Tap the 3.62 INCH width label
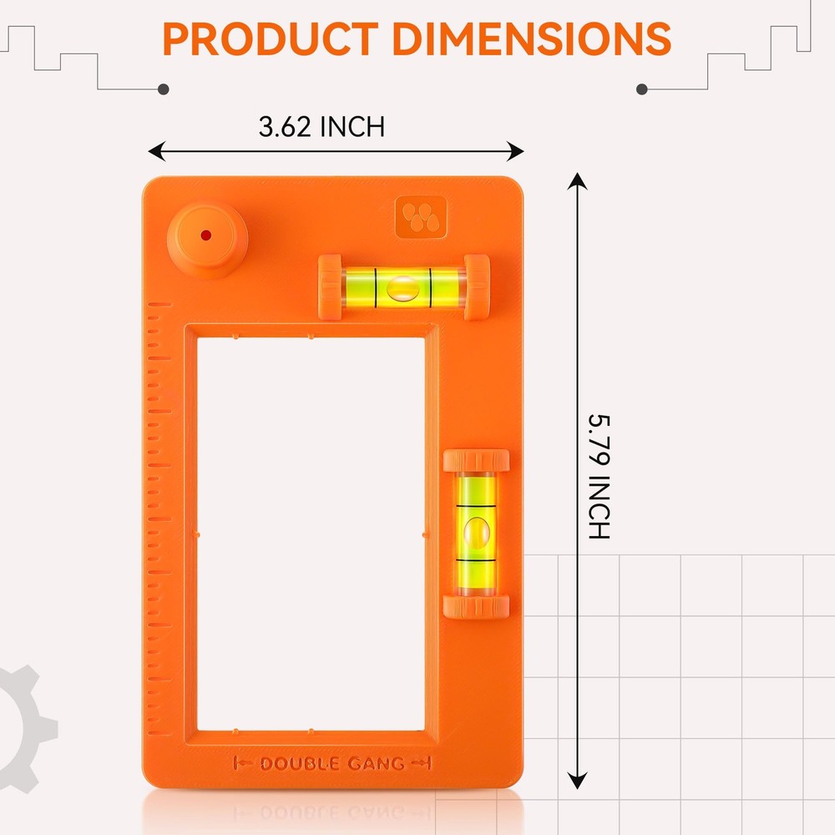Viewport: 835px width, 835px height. pyautogui.click(x=321, y=127)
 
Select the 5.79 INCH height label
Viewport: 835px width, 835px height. pyautogui.click(x=600, y=476)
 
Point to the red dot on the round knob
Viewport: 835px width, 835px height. pyautogui.click(x=205, y=235)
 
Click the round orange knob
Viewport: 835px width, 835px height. pyautogui.click(x=206, y=238)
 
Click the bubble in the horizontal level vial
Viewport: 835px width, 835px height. pyautogui.click(x=404, y=288)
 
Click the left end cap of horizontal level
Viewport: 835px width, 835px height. pyautogui.click(x=330, y=287)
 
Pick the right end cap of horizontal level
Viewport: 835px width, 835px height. pyautogui.click(x=477, y=287)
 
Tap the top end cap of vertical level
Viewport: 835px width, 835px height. pyautogui.click(x=476, y=460)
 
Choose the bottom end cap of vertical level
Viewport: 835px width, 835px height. pyautogui.click(x=476, y=606)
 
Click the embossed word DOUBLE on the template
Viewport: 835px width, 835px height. pyautogui.click(x=299, y=763)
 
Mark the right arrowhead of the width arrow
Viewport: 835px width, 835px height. pyautogui.click(x=517, y=151)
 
